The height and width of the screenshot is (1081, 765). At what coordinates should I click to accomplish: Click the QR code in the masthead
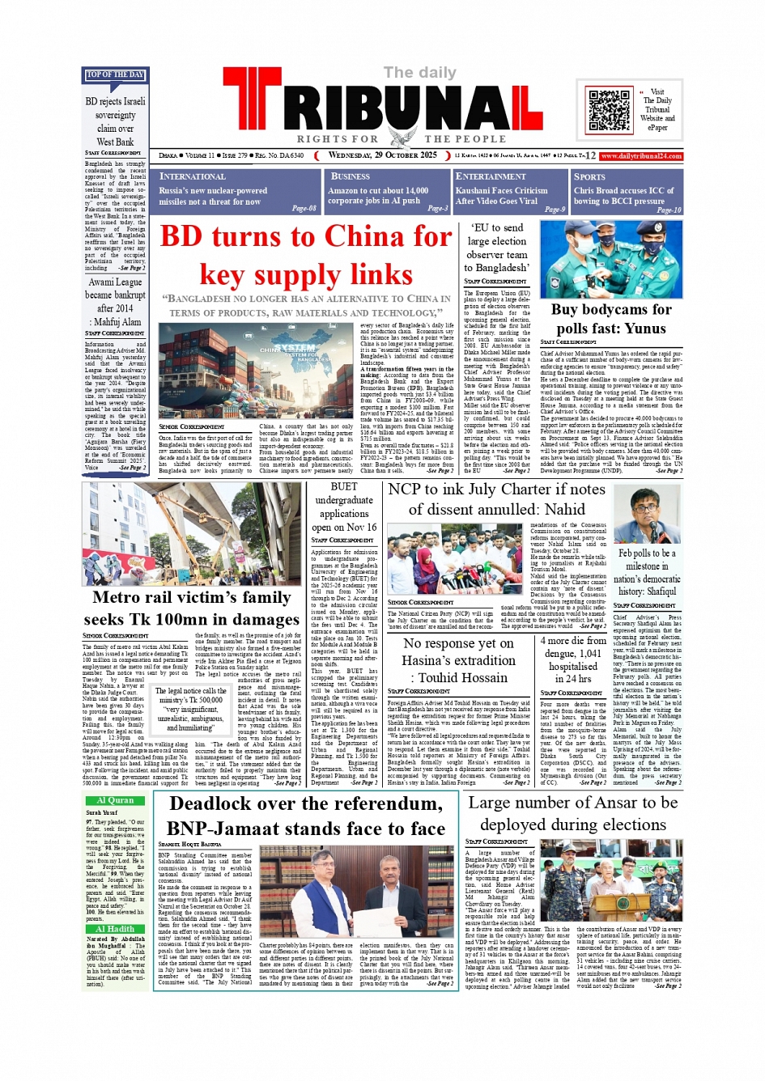610,112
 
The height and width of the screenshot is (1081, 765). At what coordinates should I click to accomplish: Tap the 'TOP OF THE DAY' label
115,75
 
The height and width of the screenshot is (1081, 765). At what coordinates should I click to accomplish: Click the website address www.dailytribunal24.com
641,156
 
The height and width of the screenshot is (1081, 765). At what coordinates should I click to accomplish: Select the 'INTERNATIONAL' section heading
192,176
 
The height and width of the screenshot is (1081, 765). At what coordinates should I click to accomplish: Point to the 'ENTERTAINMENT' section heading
490,176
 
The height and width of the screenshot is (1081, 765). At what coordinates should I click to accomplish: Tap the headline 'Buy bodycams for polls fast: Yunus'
611,319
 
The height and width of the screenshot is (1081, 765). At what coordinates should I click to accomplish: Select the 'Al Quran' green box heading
115,800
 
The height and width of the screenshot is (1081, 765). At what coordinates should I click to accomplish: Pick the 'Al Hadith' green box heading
115,929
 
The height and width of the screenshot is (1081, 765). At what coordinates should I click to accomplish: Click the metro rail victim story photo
191,533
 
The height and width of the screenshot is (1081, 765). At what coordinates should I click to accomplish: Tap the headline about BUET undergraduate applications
343,507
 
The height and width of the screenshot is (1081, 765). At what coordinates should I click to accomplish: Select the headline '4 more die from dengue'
573,659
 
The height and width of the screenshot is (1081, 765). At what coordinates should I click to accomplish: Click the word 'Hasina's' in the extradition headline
434,660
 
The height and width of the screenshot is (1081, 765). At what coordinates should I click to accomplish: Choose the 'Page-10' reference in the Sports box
669,210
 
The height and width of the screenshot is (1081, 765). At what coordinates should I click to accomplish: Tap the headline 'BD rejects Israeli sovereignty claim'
115,121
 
